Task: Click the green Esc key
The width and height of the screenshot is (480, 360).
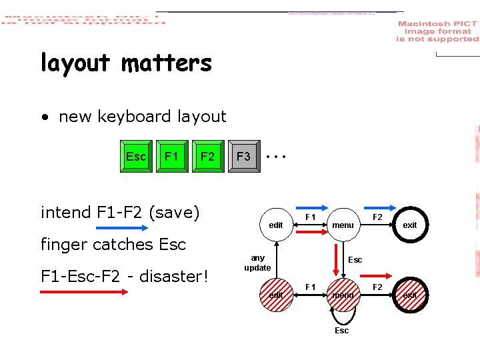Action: pyautogui.click(x=136, y=157)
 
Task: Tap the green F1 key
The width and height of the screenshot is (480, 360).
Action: pyautogui.click(x=172, y=157)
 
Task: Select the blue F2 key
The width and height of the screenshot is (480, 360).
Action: pyautogui.click(x=208, y=157)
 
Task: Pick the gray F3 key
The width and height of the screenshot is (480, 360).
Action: pyautogui.click(x=244, y=157)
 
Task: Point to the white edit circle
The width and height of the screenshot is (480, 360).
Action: pyautogui.click(x=276, y=225)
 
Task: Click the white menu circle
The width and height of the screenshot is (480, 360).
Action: pyautogui.click(x=343, y=225)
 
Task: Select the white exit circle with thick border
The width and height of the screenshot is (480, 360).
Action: pyautogui.click(x=409, y=225)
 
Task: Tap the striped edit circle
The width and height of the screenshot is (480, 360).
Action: pyautogui.click(x=276, y=295)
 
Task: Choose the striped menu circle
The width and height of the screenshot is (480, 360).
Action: pyautogui.click(x=343, y=295)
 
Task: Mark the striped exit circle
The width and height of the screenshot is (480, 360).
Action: pyautogui.click(x=409, y=295)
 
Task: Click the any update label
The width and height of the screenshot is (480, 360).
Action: pyautogui.click(x=257, y=263)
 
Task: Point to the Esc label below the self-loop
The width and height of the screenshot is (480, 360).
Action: pyautogui.click(x=341, y=331)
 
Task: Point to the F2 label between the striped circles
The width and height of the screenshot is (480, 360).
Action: pyautogui.click(x=377, y=287)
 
